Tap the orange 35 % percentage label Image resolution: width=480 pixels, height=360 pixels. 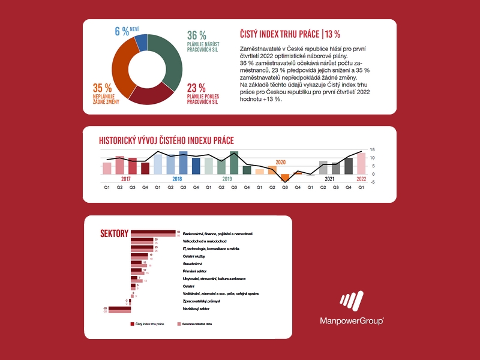[103, 87]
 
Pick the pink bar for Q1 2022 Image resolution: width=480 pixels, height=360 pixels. [361, 163]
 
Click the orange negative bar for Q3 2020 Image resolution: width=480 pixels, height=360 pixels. [285, 177]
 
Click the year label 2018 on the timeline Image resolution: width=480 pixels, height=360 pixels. [177, 179]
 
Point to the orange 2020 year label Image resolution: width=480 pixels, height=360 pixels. [281, 162]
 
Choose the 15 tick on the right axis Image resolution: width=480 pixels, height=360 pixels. [373, 149]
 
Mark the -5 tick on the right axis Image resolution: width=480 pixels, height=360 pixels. [373, 182]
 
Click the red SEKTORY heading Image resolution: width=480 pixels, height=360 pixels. [113, 233]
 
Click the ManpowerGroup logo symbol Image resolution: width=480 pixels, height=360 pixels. [351, 301]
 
